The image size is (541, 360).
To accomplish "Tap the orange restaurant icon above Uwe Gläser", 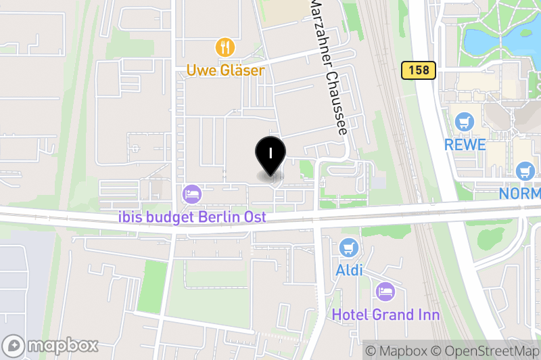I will pos(225,47).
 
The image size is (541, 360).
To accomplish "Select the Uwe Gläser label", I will pos(226,70).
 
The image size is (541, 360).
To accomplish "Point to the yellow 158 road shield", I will pos(418,70).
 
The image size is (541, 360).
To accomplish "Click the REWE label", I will pos(465,145).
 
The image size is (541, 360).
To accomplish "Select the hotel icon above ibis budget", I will pos(192,195).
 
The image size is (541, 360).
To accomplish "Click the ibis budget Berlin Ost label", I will pos(192,217).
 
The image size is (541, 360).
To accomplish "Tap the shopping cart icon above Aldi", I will pos(349,248).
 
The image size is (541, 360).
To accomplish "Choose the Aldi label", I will pos(349,271).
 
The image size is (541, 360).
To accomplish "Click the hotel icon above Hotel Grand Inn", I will pos(385,292).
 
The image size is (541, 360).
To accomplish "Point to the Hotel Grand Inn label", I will pos(385,315).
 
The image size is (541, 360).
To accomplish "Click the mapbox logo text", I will pos(64,345).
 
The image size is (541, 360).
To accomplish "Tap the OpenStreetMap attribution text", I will pos(487,351).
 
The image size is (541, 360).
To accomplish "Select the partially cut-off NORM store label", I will pos(519,194).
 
